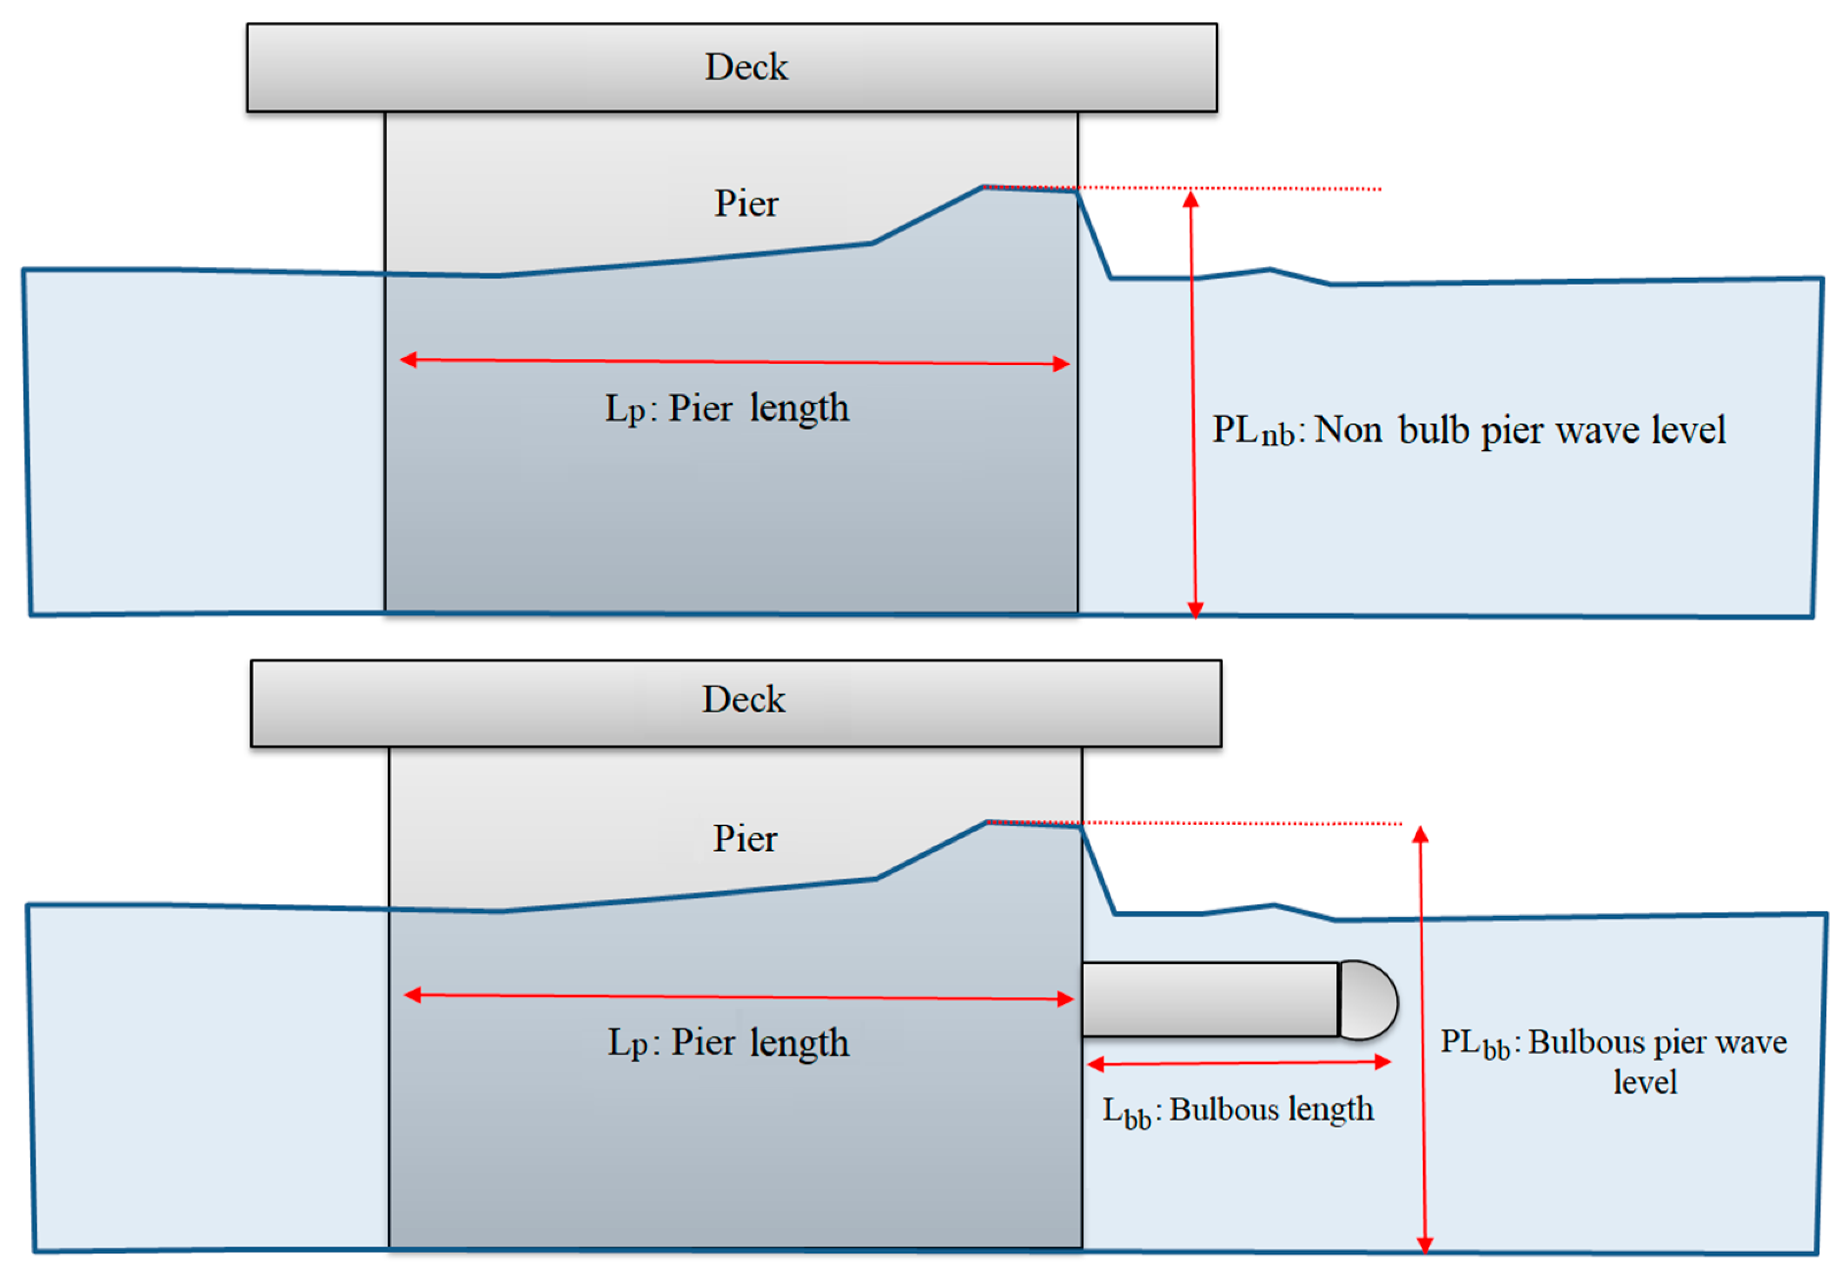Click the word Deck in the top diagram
tap(745, 67)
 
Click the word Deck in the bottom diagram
tap(744, 699)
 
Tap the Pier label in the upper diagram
tap(745, 203)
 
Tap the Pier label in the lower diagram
tap(744, 838)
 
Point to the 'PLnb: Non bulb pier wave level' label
tap(1468, 430)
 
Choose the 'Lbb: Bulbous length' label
tap(1238, 1110)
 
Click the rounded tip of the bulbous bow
tap(1369, 1000)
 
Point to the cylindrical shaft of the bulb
tap(1209, 999)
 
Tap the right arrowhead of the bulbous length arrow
tap(1383, 1062)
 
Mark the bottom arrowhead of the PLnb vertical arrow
tap(1195, 610)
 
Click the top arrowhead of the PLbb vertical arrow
tap(1420, 835)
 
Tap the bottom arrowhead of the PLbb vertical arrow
tap(1424, 1244)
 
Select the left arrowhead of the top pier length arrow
tap(409, 360)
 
